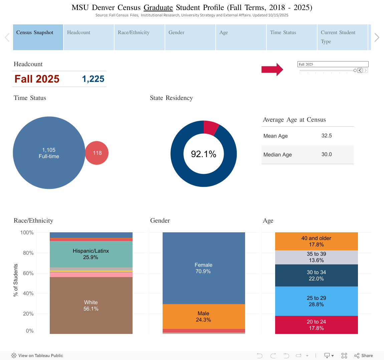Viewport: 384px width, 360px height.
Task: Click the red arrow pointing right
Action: pos(272,70)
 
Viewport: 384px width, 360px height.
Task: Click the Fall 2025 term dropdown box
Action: pos(333,64)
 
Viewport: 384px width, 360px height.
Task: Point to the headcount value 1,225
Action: pos(93,79)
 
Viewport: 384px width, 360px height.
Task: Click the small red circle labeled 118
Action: pos(97,153)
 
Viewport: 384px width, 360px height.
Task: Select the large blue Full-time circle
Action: pos(49,153)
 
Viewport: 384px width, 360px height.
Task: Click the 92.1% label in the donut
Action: pos(204,154)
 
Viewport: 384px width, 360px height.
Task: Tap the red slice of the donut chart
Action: pos(211,127)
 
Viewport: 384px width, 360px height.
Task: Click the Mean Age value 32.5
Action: pos(327,136)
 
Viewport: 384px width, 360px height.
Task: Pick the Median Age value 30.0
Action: pos(327,154)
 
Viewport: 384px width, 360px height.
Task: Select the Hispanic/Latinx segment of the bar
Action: pos(91,254)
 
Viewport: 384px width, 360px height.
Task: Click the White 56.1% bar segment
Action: pos(91,306)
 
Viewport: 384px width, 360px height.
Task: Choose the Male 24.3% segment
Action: pos(204,317)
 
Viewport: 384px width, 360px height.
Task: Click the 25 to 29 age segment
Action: pos(316,301)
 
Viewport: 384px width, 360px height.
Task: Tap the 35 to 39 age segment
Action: pos(316,257)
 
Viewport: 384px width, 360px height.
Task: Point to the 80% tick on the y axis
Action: pos(28,253)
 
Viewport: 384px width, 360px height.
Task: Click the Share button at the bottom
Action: pos(364,356)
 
